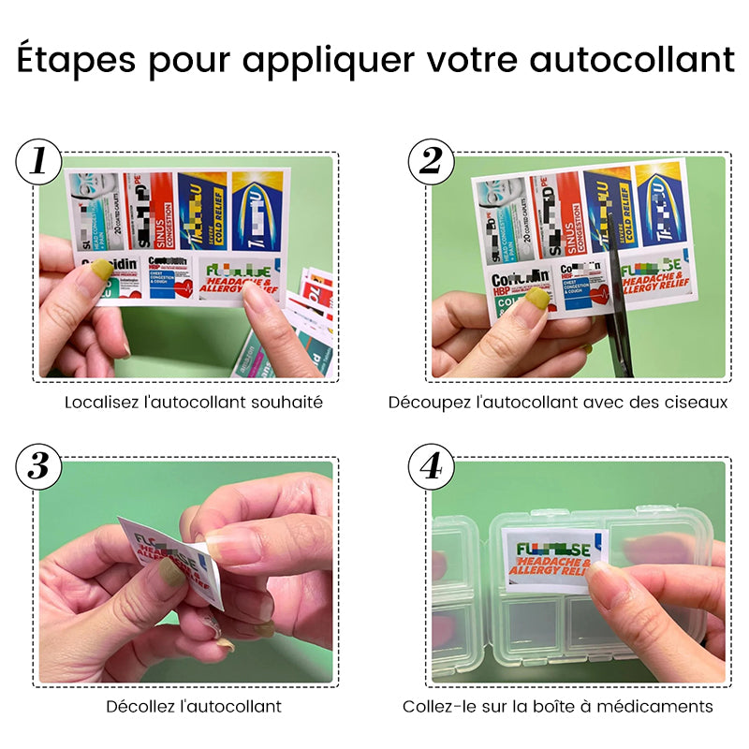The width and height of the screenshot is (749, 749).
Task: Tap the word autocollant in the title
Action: (x=632, y=60)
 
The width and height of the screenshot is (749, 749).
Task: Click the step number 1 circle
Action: (x=38, y=161)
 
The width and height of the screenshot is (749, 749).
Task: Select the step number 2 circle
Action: (x=431, y=161)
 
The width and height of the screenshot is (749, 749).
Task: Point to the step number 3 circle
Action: (x=38, y=465)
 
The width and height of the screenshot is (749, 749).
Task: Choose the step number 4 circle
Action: (x=431, y=465)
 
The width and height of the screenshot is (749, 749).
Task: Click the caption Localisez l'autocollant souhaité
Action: (x=194, y=403)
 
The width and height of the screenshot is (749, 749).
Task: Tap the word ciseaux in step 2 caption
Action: (x=694, y=403)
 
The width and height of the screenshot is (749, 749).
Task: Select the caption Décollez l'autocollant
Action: (x=194, y=706)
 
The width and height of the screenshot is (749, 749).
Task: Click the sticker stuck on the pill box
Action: (x=555, y=558)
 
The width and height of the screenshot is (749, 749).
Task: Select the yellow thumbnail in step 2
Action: (x=537, y=299)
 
